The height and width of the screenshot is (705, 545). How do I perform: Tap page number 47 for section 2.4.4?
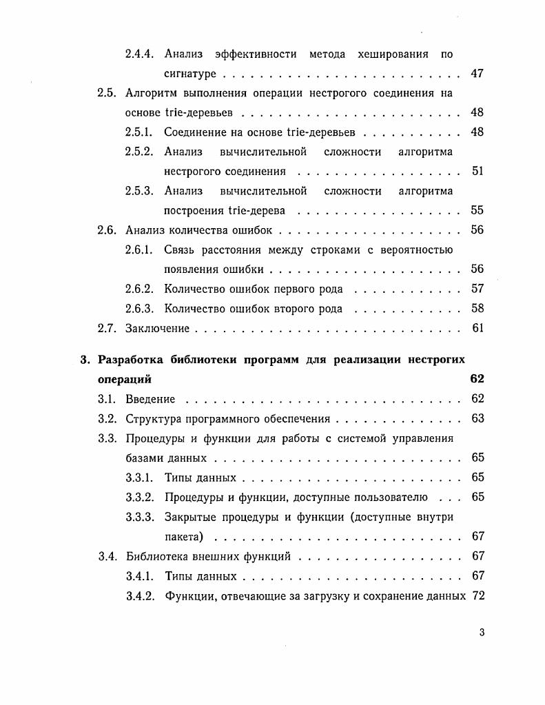pyautogui.click(x=477, y=74)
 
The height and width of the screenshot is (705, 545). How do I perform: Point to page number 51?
pyautogui.click(x=477, y=171)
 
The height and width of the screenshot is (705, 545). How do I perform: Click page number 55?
pyautogui.click(x=477, y=210)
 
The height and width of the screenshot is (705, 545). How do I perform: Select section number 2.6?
pyautogui.click(x=107, y=230)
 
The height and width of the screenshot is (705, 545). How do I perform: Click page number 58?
pyautogui.click(x=477, y=309)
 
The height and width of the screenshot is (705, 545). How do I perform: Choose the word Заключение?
pyautogui.click(x=158, y=329)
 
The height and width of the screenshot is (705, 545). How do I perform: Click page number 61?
pyautogui.click(x=477, y=328)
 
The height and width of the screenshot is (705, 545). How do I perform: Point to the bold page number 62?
pyautogui.click(x=477, y=379)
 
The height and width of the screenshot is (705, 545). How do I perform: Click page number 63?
pyautogui.click(x=477, y=418)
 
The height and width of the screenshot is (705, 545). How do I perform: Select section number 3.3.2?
pyautogui.click(x=141, y=497)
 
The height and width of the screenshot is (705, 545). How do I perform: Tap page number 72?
pyautogui.click(x=477, y=595)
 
